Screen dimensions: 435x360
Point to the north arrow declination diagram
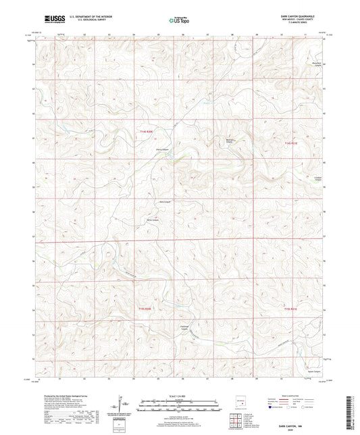(122, 405)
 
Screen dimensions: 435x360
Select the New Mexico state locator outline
(241, 399)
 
